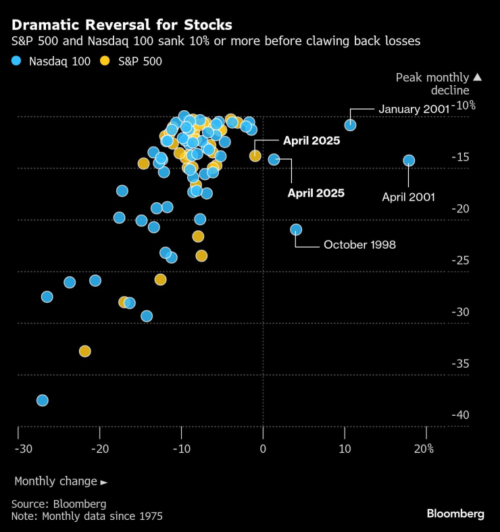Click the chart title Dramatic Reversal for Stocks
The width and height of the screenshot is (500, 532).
[x=122, y=25]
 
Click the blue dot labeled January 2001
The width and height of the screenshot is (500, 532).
[x=350, y=125]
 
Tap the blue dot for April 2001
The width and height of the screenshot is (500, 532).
[x=409, y=160]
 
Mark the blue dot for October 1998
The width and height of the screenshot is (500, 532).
[x=296, y=230]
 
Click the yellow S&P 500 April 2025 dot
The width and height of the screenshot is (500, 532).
[x=255, y=156]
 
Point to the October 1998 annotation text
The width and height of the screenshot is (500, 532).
[x=359, y=245]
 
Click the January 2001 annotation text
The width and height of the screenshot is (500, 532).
[x=414, y=109]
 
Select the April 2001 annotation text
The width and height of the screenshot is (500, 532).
[x=408, y=197]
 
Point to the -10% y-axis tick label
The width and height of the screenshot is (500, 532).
[x=464, y=105]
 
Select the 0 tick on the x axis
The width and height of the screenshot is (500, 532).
[x=264, y=450]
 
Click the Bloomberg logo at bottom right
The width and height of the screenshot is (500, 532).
[x=455, y=514]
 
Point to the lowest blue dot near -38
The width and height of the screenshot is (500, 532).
[x=43, y=400]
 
